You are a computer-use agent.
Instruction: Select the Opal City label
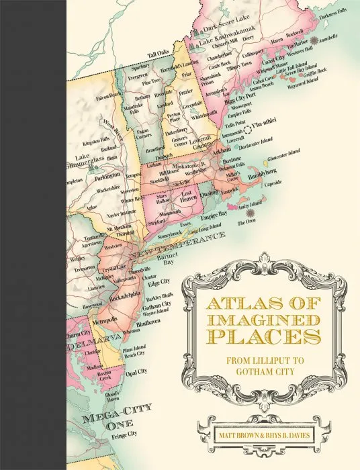click(x=136, y=371)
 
